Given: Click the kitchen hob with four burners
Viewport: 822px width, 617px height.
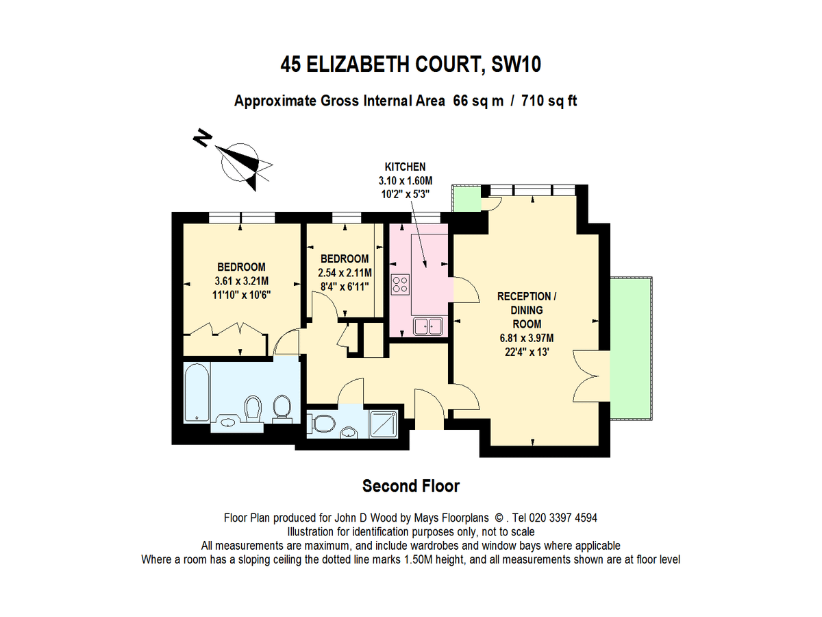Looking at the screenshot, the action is [400, 285].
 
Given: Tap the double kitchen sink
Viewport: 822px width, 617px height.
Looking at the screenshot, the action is [428, 326].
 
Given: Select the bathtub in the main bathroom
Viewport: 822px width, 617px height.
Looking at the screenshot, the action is [197, 392].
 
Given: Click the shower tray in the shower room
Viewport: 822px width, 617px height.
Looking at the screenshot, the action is [383, 424].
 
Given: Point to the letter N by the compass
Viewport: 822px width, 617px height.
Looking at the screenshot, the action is [202, 138].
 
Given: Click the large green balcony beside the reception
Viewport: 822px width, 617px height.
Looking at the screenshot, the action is [631, 348].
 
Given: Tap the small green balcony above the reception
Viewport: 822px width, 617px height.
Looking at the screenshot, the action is [466, 199].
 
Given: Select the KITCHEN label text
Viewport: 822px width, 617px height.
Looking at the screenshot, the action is [406, 167].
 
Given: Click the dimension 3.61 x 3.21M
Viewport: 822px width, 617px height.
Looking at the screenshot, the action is [242, 281].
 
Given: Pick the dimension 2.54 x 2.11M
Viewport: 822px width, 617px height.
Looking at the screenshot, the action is [345, 273].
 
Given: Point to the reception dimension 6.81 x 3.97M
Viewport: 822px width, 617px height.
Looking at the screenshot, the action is [527, 338].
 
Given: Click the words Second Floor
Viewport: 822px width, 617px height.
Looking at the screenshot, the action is [411, 486].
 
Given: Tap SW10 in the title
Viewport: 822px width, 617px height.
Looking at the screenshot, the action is [516, 64].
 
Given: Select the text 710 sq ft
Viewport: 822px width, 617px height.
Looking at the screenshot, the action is [549, 101].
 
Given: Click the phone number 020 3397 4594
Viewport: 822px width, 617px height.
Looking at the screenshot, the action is [562, 518].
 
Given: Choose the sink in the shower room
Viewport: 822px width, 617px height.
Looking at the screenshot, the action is [349, 433].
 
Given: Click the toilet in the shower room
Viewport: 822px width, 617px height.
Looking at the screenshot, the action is [321, 423].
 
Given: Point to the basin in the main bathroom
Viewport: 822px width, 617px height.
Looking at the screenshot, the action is [227, 422].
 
